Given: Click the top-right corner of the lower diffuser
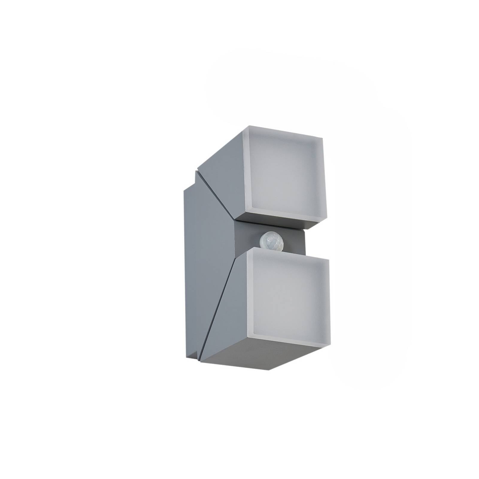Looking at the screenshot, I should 328,260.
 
